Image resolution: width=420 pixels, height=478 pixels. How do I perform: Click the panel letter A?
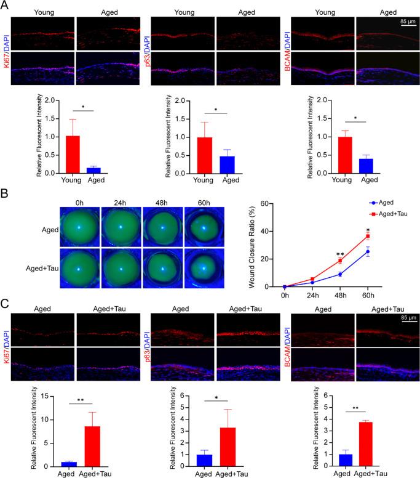(x=6, y=6)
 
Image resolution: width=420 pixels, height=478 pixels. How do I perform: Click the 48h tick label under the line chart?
(x=339, y=296)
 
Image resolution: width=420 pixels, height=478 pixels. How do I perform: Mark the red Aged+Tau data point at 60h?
(x=368, y=236)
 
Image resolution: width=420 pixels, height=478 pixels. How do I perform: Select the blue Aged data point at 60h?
(x=368, y=251)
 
